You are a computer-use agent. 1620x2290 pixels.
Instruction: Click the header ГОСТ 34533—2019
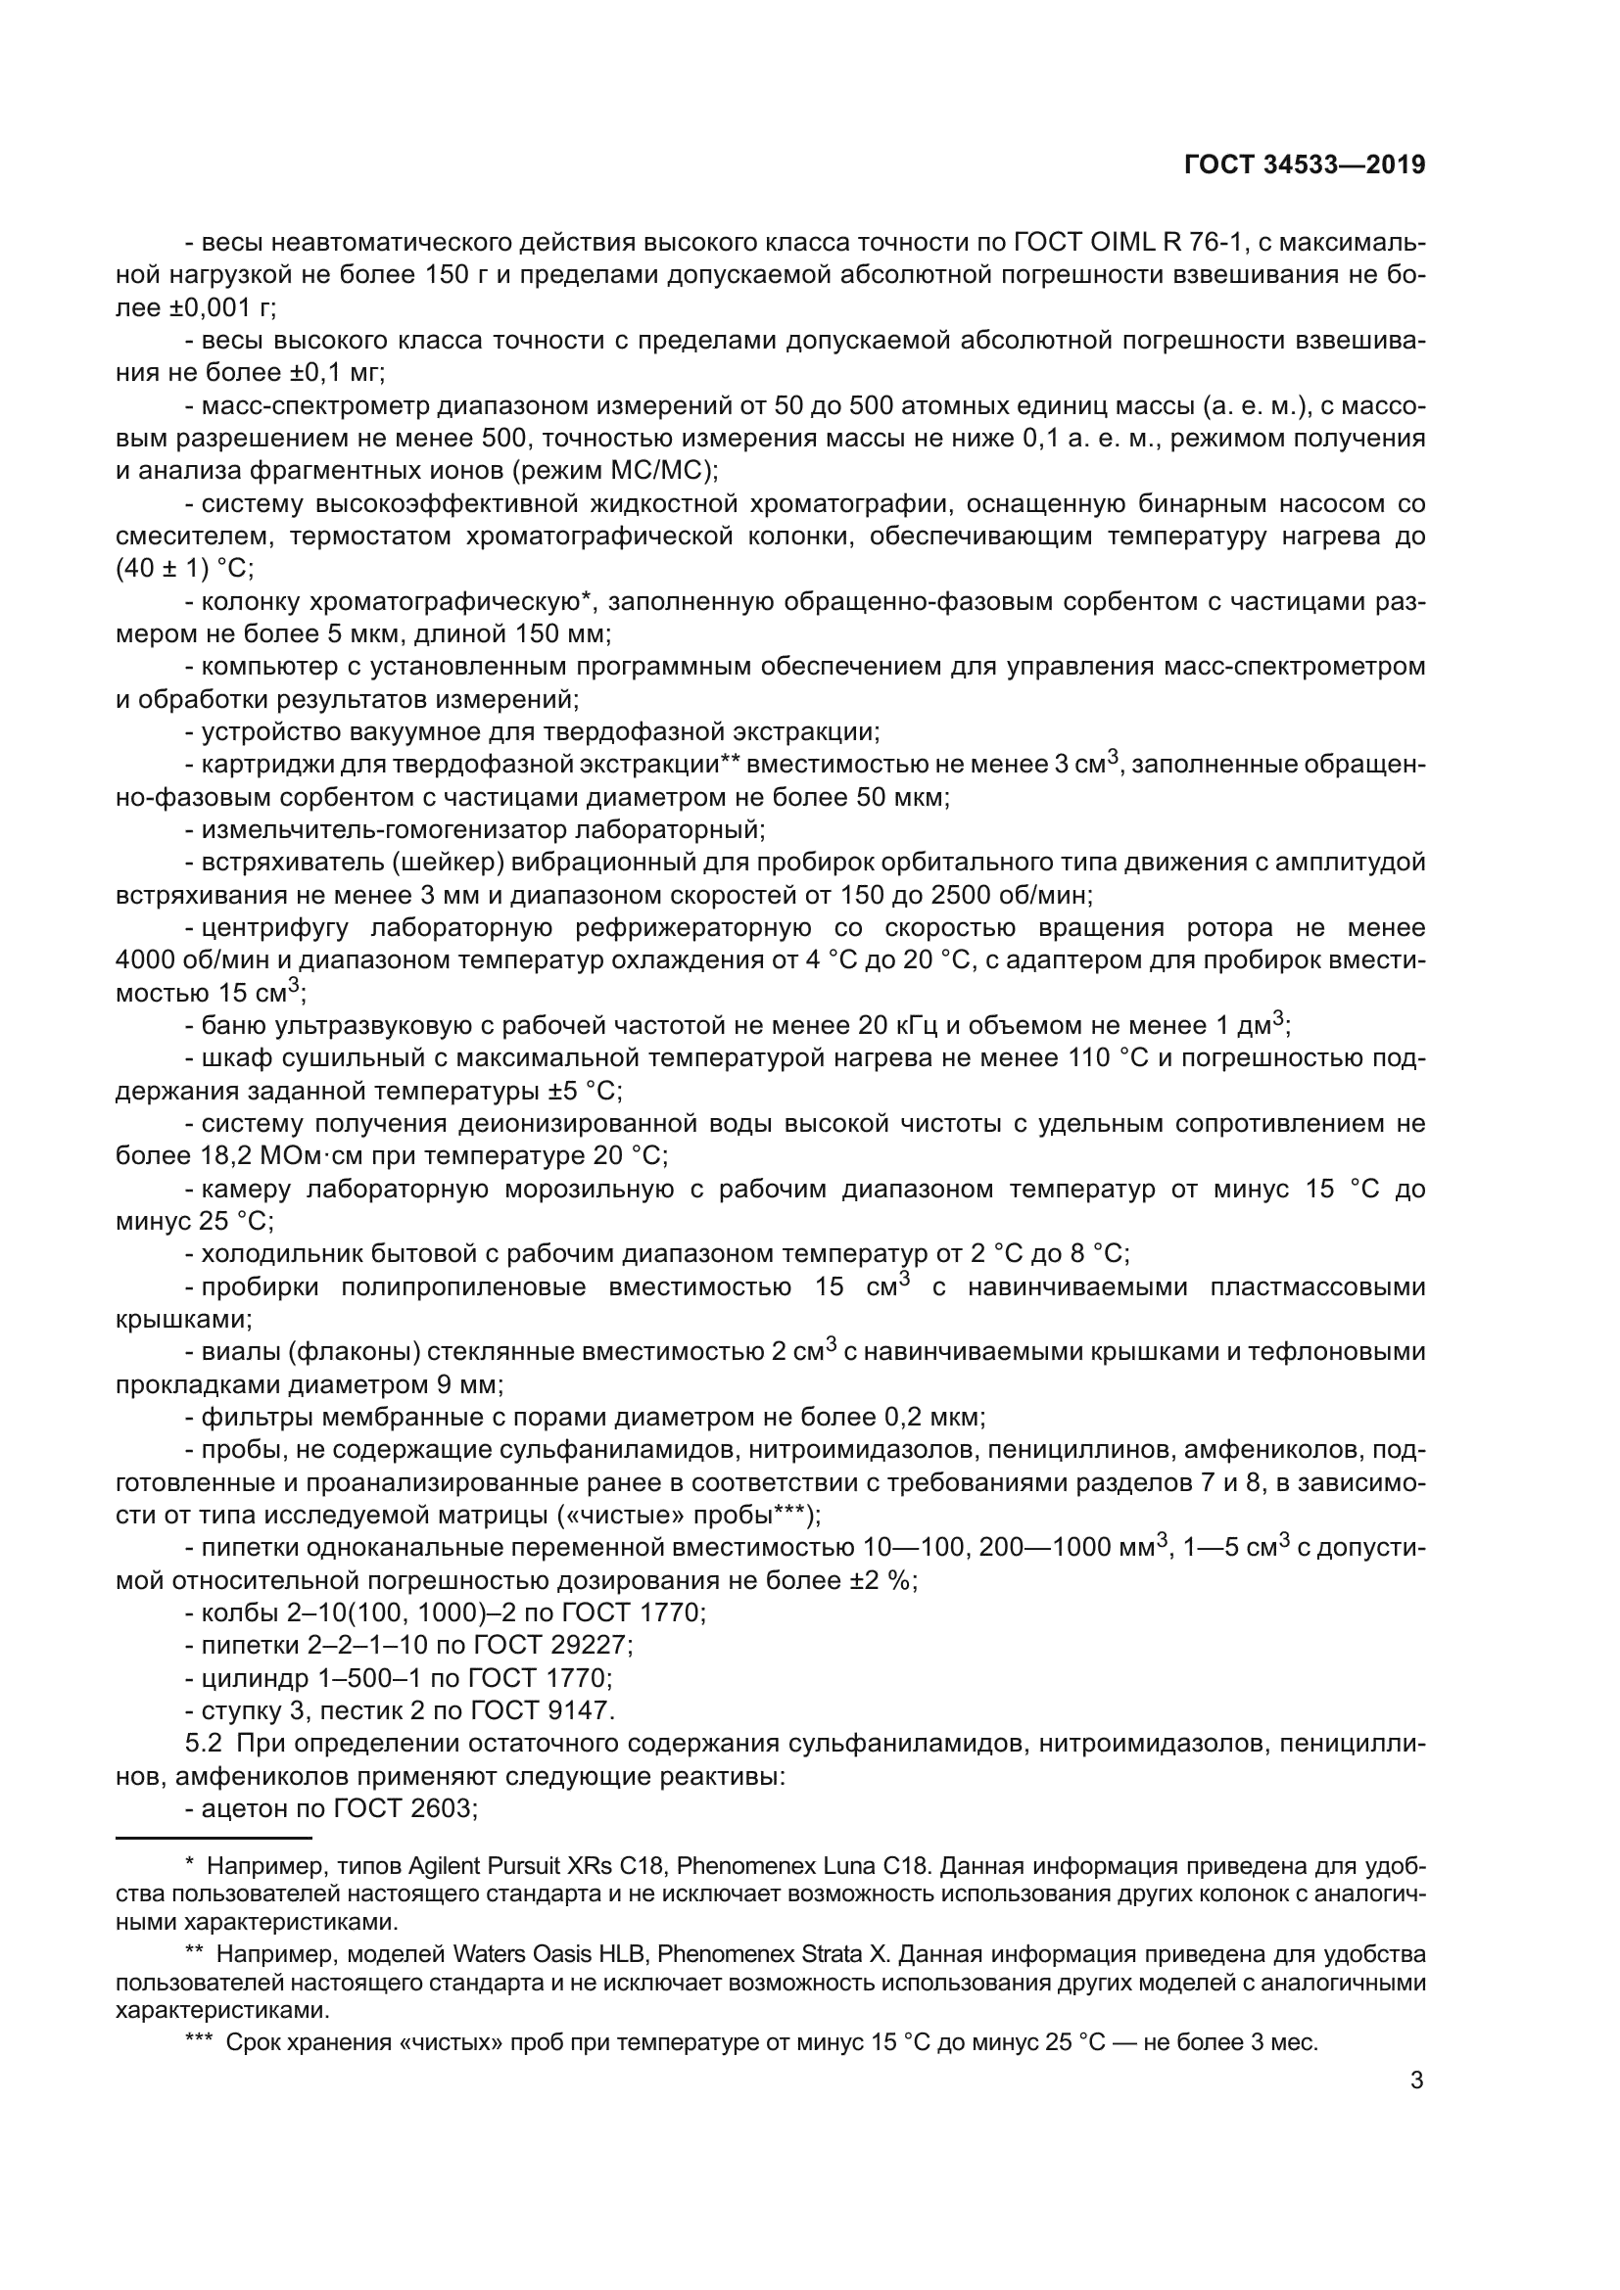[x=1304, y=164]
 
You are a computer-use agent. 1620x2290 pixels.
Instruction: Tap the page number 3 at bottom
[x=1416, y=2080]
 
